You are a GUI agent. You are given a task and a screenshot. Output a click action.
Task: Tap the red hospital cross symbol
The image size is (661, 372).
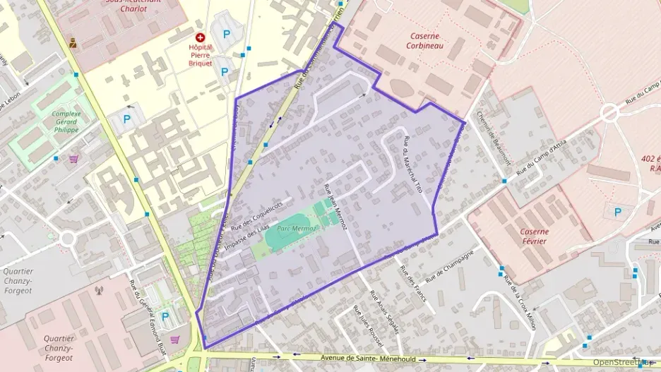coord(201,37)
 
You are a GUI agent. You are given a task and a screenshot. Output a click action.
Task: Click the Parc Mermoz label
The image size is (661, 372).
coord(297,229)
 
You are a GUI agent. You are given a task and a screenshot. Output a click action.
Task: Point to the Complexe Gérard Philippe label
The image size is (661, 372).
coord(66,121)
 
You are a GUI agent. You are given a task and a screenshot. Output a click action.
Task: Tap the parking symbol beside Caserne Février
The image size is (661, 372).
coord(619,212)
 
